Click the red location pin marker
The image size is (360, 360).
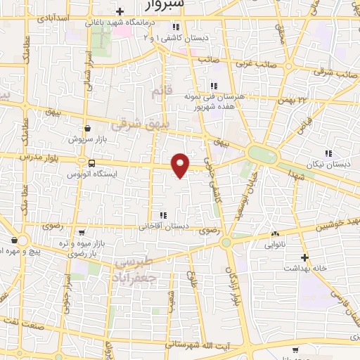click(181, 165)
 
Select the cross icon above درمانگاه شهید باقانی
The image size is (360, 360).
click(120, 11)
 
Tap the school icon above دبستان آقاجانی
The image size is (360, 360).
click(163, 215)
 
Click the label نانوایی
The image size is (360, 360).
click(274, 245)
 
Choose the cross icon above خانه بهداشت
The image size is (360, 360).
click(304, 257)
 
